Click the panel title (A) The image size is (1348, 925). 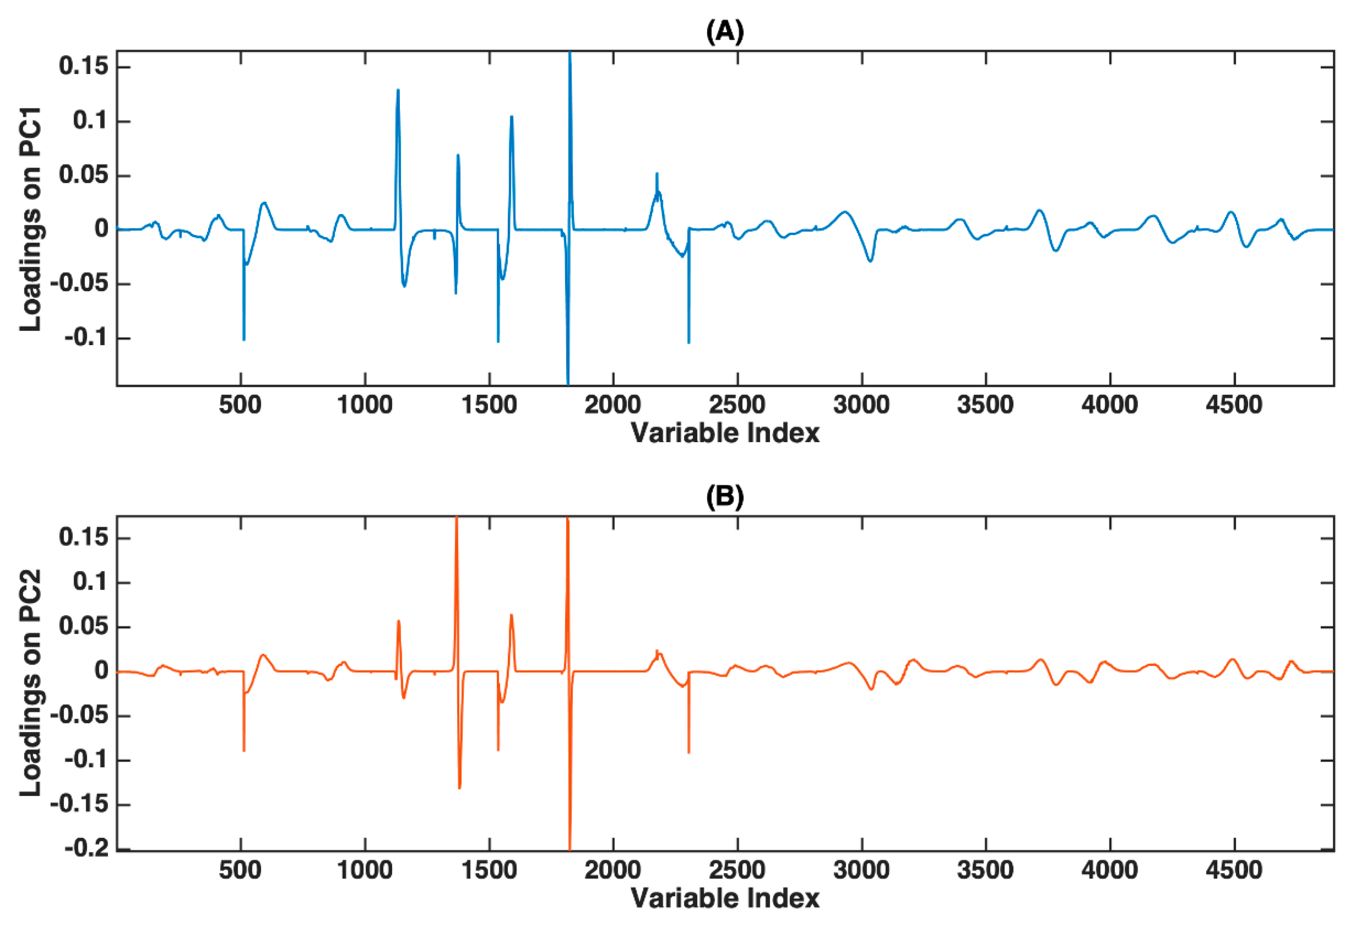pyautogui.click(x=725, y=32)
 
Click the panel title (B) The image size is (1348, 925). pyautogui.click(x=725, y=497)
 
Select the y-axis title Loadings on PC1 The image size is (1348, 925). pyautogui.click(x=30, y=219)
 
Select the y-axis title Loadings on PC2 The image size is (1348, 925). pyautogui.click(x=30, y=683)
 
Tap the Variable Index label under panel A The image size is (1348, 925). pyautogui.click(x=725, y=433)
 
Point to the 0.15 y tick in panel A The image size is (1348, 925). pyautogui.click(x=84, y=67)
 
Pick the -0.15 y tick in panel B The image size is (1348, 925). pyautogui.click(x=80, y=804)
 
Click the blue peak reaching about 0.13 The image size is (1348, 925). pyautogui.click(x=398, y=91)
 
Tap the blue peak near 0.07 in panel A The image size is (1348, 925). pyautogui.click(x=458, y=156)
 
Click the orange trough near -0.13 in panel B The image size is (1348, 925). pyautogui.click(x=460, y=787)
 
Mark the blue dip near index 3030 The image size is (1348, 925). pyautogui.click(x=870, y=261)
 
